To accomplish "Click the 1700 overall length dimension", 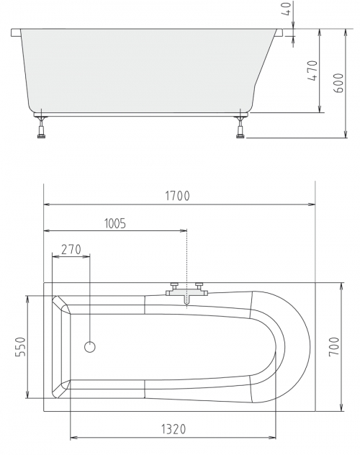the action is coord(178,196).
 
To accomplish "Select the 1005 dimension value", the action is coord(115,223).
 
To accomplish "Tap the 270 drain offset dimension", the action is coord(71,249).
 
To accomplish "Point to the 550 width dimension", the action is coord(21,346).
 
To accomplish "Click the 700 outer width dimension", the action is coord(334,346).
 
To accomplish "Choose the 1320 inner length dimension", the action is coord(174,429).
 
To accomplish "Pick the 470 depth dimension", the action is coord(312,71).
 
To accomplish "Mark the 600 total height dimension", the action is coord(338,83).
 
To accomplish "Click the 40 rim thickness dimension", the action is coord(287,9).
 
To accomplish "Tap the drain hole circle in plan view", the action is coord(90,347).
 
